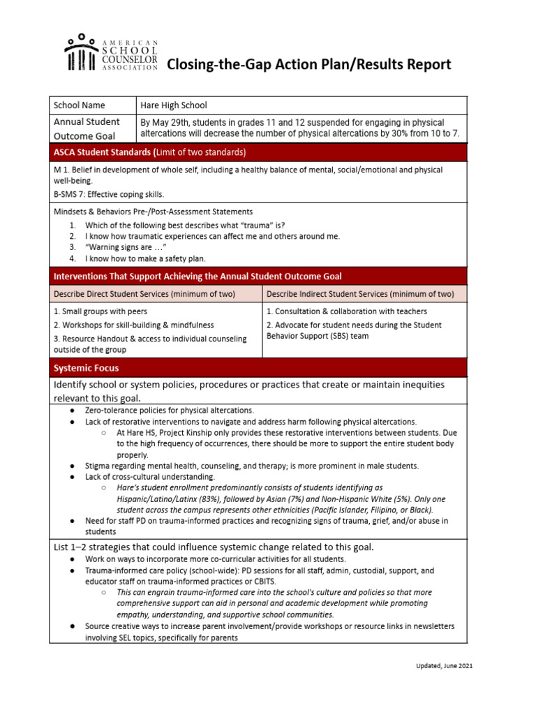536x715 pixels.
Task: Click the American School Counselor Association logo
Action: tap(112, 53)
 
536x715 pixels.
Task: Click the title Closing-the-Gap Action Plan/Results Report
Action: tap(308, 65)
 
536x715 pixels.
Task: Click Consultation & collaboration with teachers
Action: tap(347, 311)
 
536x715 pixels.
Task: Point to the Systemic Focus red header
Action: tap(87, 368)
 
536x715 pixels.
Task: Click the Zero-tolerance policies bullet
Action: tap(170, 411)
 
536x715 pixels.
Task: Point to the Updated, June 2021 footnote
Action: tap(440, 666)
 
